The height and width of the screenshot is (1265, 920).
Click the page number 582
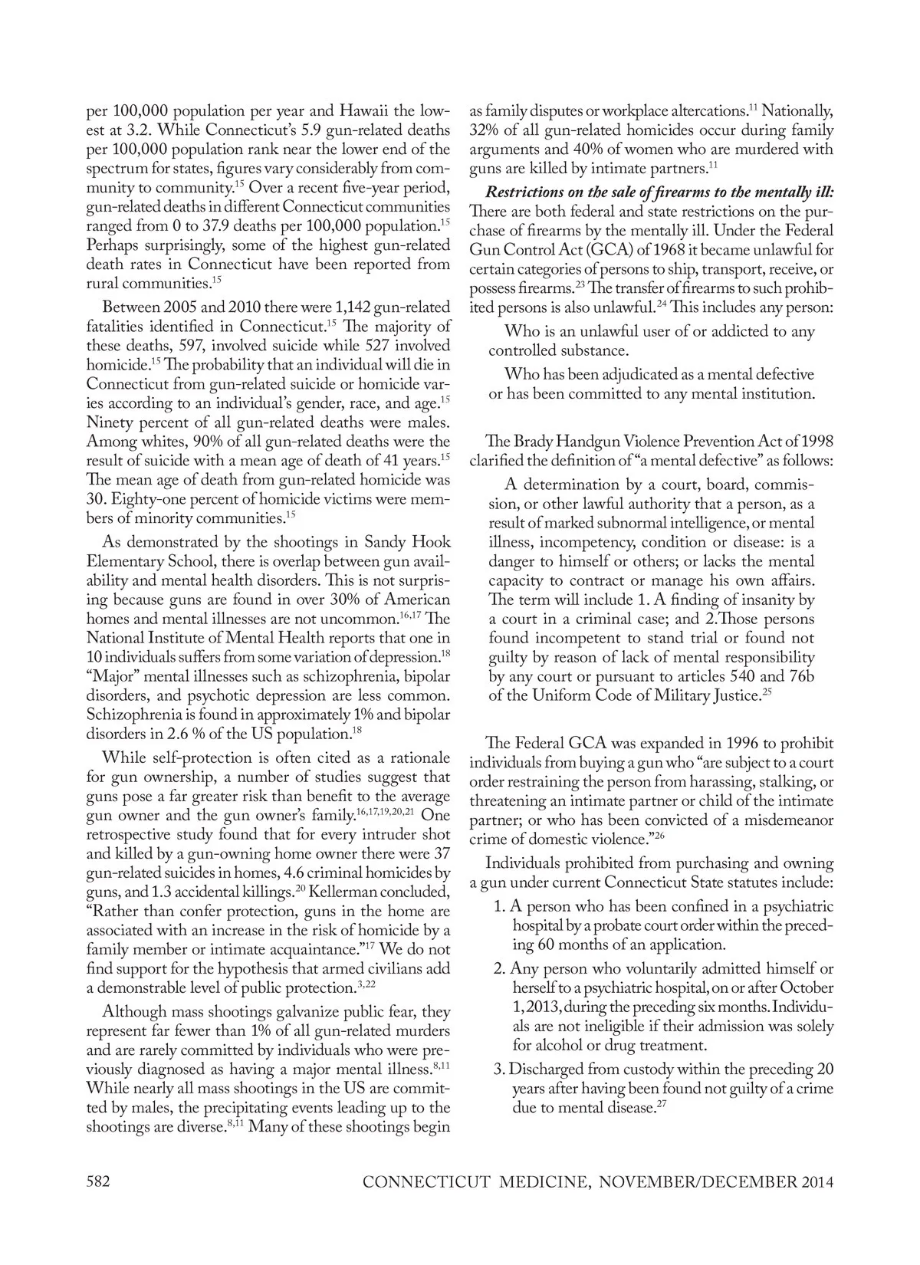pos(98,1181)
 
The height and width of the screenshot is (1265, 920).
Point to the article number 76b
pos(800,676)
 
